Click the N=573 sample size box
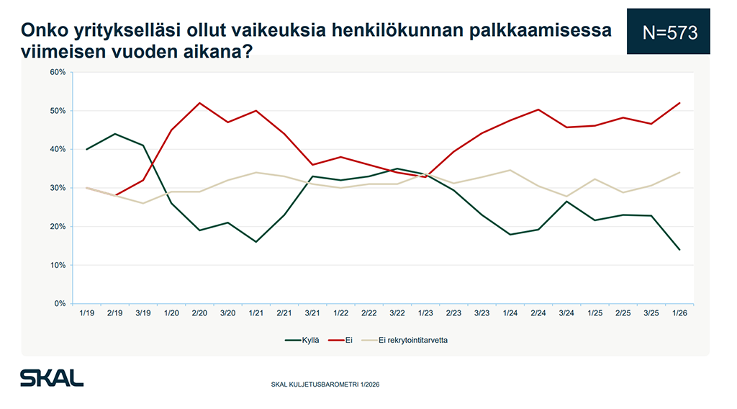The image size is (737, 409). (x=668, y=32)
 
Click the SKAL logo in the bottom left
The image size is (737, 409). (x=52, y=378)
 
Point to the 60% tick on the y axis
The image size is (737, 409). (x=58, y=72)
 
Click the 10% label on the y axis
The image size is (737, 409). (x=58, y=265)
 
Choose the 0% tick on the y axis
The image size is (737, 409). (x=60, y=304)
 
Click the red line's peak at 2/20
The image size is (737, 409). (x=199, y=103)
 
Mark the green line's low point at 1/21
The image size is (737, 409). (x=256, y=242)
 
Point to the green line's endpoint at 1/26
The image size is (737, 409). (x=679, y=250)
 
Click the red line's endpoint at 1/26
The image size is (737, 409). (x=679, y=103)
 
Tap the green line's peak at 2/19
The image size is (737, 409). (x=114, y=134)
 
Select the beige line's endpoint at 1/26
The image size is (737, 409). (x=679, y=172)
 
